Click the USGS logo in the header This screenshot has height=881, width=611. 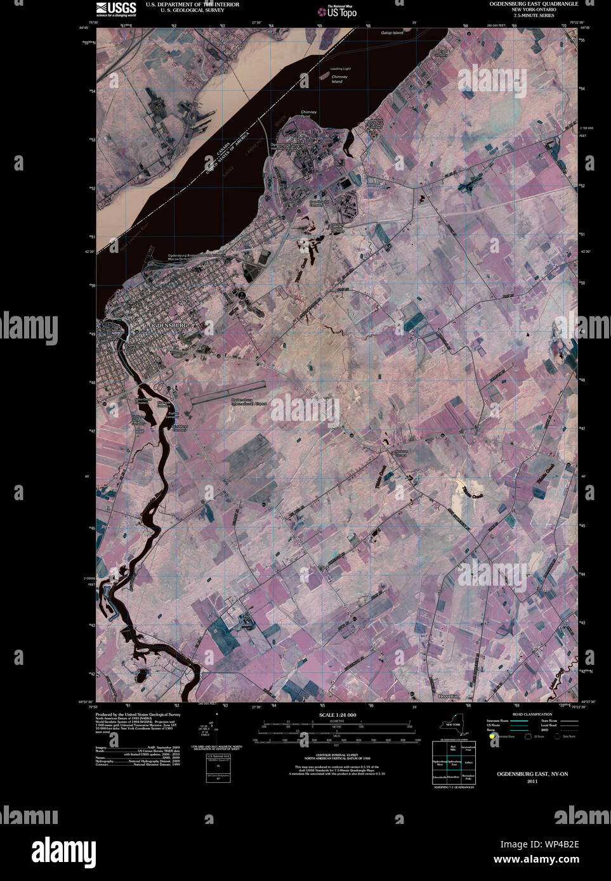pyautogui.click(x=116, y=8)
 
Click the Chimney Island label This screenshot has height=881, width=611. pyautogui.click(x=338, y=79)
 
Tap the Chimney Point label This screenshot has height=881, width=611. pyautogui.click(x=308, y=114)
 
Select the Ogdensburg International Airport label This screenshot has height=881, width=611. pyautogui.click(x=249, y=402)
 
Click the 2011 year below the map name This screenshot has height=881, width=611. pyautogui.click(x=532, y=781)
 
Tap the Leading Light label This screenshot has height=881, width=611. pyautogui.click(x=340, y=68)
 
